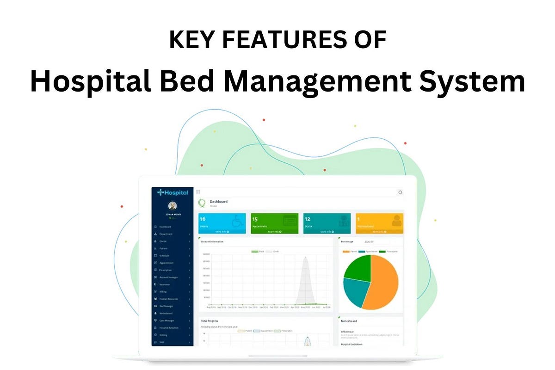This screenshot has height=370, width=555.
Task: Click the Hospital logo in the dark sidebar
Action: pos(173,192)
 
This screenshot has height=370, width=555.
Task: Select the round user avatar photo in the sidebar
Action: pos(172,206)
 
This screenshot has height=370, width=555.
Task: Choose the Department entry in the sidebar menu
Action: pos(166,234)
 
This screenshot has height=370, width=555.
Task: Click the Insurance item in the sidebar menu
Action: pos(165,284)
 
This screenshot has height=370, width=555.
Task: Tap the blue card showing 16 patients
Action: pos(222,223)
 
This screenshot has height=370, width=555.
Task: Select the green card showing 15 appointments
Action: pos(275,223)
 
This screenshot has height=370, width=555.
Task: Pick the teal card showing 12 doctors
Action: pos(327,223)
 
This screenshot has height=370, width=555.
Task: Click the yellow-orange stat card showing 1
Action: pos(379,223)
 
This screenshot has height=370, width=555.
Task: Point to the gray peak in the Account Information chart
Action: pos(305,277)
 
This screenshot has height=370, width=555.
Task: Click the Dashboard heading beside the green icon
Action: pos(218,202)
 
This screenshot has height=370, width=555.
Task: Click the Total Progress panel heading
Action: pos(210,321)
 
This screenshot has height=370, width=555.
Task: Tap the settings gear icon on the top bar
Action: pos(400,192)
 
